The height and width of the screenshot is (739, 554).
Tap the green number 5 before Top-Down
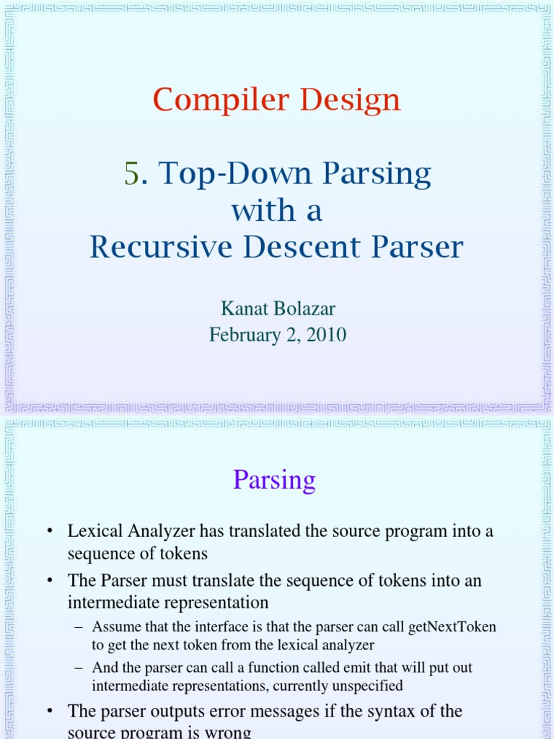point(131,174)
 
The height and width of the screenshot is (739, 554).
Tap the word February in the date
point(241,335)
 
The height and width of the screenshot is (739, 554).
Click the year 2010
point(325,335)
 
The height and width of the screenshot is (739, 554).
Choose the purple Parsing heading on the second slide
point(274,480)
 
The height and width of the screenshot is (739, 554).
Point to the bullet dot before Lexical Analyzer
point(50,533)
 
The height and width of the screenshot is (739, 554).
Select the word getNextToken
point(452,627)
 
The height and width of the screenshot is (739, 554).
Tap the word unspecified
point(363,686)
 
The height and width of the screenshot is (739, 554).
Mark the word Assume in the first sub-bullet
point(116,627)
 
